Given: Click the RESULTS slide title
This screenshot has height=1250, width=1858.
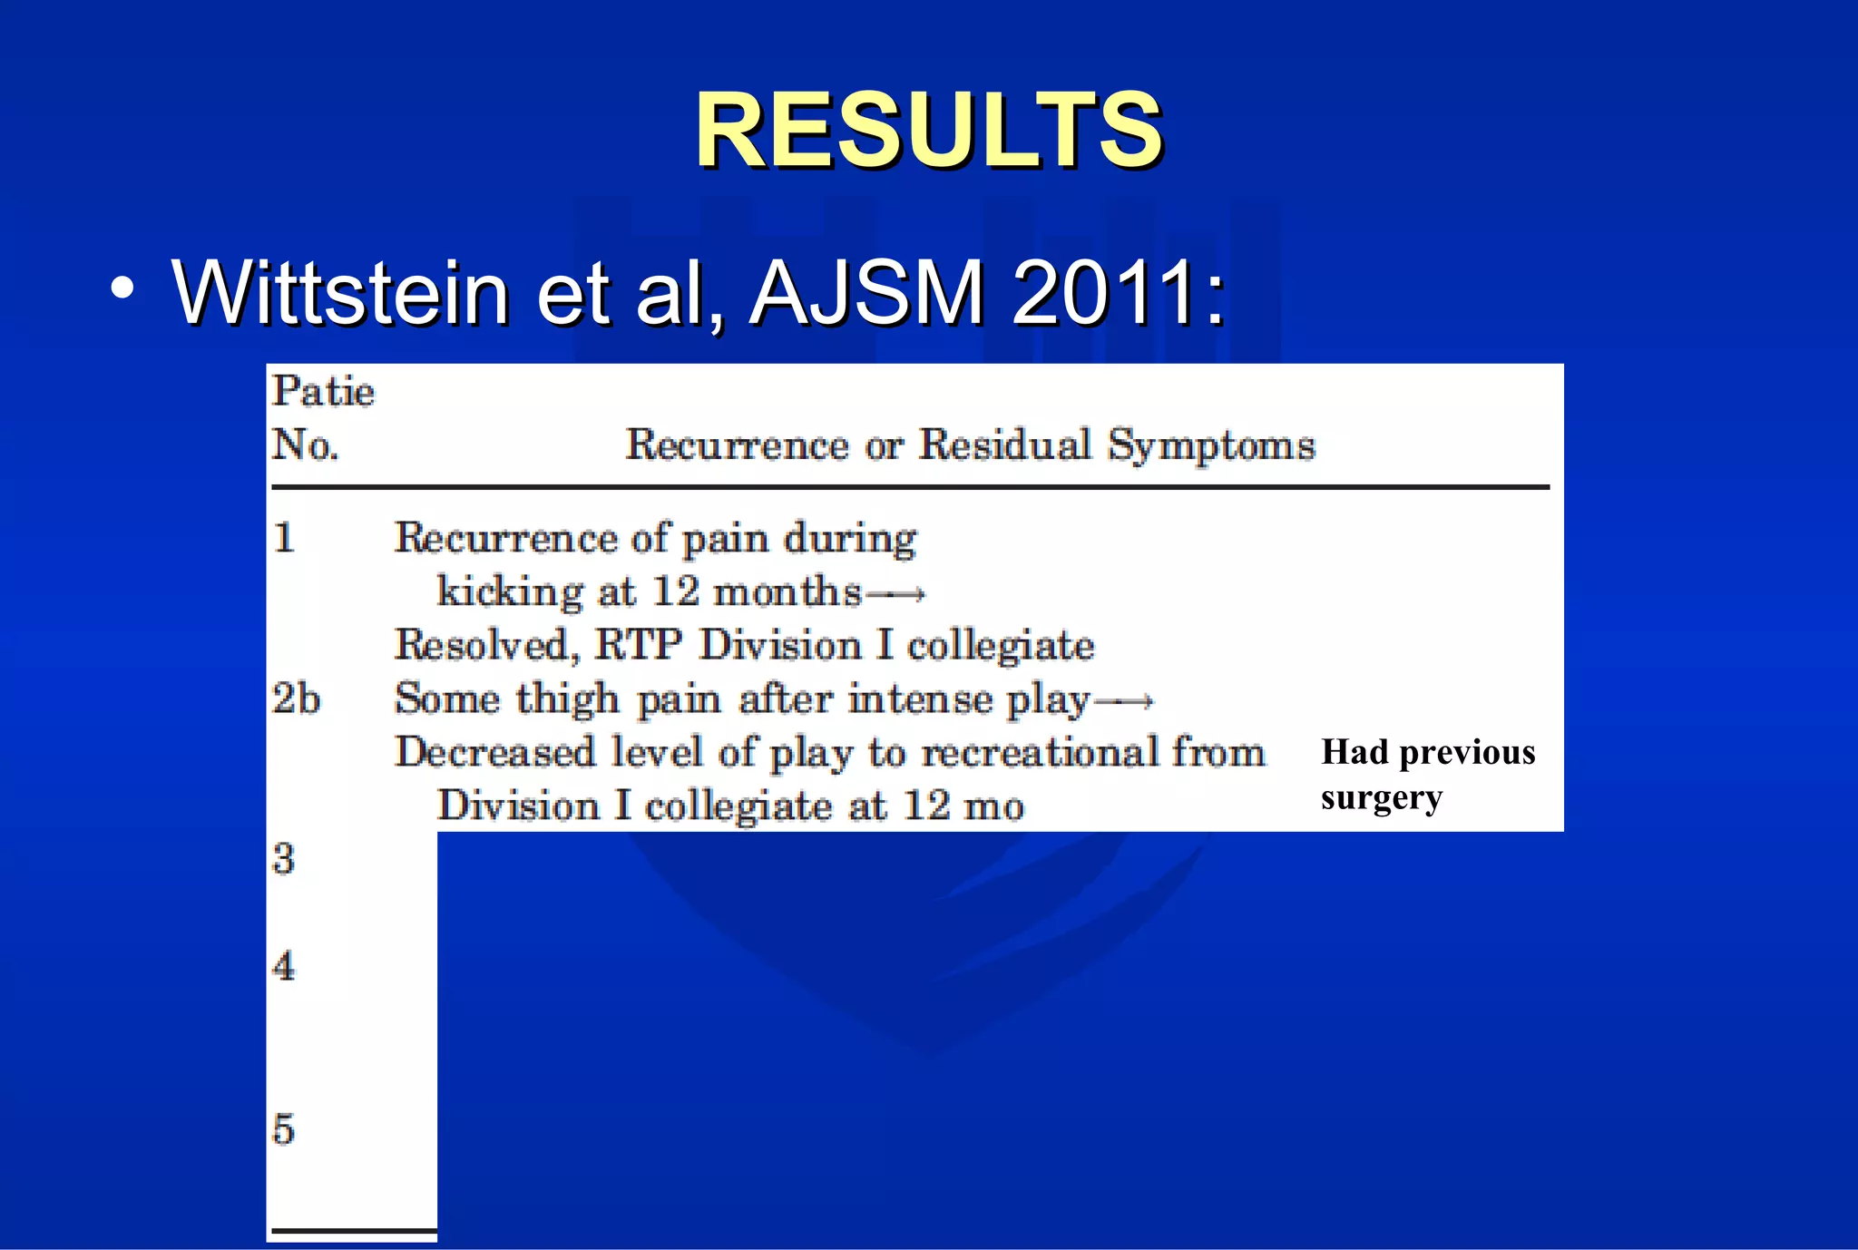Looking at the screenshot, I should point(928,131).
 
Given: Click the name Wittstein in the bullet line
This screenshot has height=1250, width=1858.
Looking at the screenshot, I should point(340,292).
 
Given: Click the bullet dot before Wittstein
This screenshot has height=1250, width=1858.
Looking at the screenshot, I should point(122,288).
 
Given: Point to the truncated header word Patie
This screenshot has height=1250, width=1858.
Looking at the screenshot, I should point(323,392).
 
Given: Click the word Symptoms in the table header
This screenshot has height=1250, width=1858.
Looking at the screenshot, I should point(1211,445).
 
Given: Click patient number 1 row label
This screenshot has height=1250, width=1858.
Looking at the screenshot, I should point(284,538).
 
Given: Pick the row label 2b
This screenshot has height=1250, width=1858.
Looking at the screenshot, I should point(296,698).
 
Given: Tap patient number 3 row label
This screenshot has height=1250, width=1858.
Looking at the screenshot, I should point(284,858).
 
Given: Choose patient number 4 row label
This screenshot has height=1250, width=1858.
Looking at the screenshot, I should point(284,965).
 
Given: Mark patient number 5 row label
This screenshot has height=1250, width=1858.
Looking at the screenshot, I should point(284,1129).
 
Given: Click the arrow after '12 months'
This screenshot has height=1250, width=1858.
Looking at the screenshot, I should point(895,594).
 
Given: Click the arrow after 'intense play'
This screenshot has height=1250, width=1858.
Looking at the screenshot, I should point(1123,700).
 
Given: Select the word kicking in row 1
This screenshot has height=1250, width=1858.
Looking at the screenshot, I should point(509,592).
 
